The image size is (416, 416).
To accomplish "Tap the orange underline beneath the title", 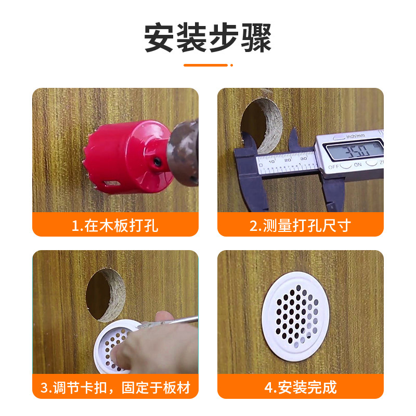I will tap(206, 65).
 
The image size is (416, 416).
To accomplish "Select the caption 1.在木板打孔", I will tap(115, 226).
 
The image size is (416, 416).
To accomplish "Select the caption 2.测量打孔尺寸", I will tap(300, 226).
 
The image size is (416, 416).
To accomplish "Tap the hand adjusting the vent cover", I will tap(156, 346).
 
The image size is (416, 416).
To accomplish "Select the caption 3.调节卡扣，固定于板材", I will tap(115, 387).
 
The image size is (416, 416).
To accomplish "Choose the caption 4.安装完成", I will tap(300, 387).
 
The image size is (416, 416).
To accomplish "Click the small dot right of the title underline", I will tap(231, 65).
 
